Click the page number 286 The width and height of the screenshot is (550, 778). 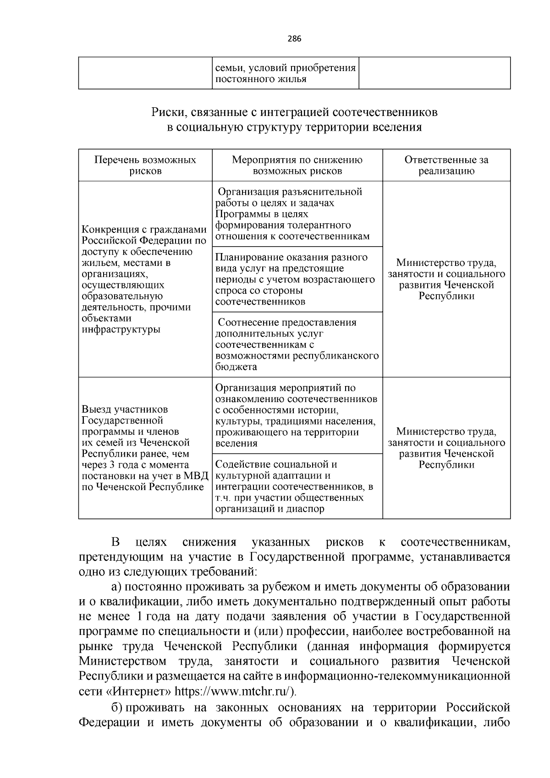[x=294, y=39]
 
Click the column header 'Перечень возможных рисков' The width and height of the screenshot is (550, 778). [x=145, y=166]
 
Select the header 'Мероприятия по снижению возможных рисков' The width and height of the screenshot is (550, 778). [x=297, y=166]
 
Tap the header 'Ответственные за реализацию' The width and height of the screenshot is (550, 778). [x=446, y=166]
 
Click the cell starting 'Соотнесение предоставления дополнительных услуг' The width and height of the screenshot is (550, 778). [x=297, y=344]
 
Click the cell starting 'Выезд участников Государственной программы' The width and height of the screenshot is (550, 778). [x=145, y=448]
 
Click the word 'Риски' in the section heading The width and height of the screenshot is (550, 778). [x=167, y=112]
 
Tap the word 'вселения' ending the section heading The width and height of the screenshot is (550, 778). [x=397, y=127]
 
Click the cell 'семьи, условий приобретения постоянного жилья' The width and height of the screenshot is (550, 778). [x=286, y=73]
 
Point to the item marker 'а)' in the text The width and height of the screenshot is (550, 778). [x=116, y=587]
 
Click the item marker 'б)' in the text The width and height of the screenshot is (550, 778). [x=116, y=707]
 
